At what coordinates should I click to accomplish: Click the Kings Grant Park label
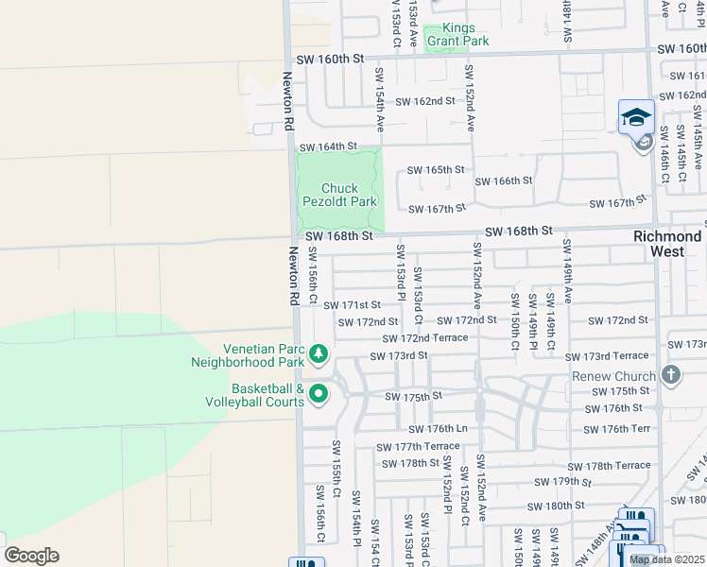[457, 35]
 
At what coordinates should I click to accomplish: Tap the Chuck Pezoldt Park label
[339, 195]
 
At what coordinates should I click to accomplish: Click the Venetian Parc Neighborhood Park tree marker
[319, 354]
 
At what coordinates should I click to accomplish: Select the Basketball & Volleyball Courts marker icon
[319, 394]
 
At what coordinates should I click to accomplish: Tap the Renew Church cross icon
[671, 375]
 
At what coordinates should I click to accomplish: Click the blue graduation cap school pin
[636, 118]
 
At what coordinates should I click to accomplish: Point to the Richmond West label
[667, 244]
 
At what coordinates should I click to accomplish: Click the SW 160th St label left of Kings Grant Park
[330, 59]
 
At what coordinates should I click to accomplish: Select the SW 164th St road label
[328, 147]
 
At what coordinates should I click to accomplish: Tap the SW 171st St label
[352, 305]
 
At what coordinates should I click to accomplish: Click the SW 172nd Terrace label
[424, 338]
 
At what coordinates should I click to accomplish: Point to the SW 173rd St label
[400, 356]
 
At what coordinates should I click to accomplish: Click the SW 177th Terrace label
[418, 447]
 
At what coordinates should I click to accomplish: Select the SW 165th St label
[436, 170]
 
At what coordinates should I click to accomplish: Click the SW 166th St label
[504, 180]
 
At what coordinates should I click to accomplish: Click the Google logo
[31, 556]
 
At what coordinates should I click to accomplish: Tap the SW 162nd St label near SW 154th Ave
[425, 101]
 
